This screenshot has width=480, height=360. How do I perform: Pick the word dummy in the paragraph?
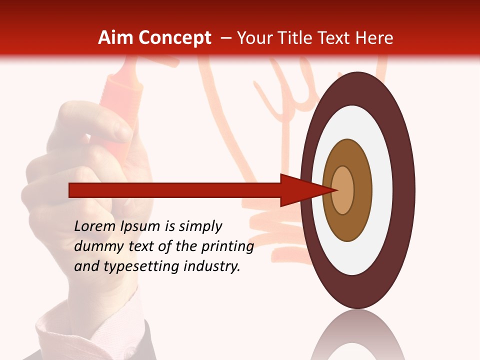(95, 246)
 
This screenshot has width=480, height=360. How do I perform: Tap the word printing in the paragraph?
(227, 246)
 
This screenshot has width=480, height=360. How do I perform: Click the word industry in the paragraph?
(212, 266)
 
